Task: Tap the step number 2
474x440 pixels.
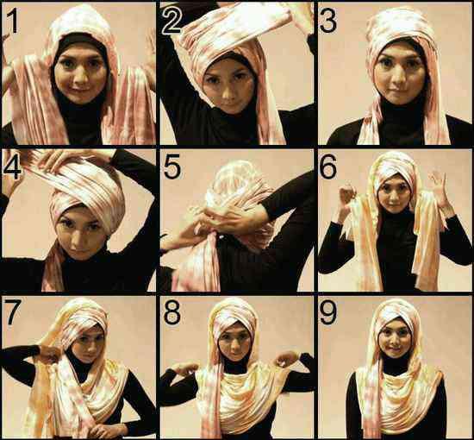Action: [x=172, y=20]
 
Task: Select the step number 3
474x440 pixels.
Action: [x=327, y=20]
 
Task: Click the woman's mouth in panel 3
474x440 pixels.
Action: [x=396, y=91]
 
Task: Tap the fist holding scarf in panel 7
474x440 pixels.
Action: [x=49, y=354]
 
